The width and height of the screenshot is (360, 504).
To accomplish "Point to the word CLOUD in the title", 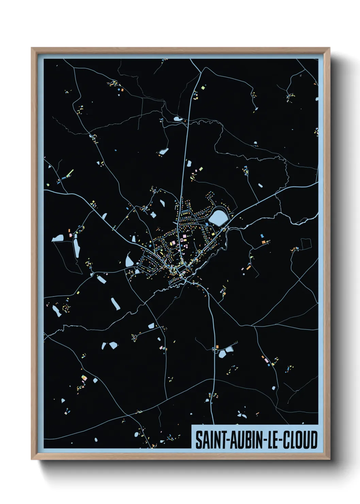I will coord(300,440).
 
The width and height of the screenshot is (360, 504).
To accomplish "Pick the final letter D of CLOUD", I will coord(314,440).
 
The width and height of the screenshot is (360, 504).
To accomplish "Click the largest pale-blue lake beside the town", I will coord(218,217).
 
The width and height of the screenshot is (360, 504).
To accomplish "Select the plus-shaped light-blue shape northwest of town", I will coord(153,215).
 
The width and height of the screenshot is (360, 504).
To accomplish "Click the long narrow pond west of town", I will coord(77,248).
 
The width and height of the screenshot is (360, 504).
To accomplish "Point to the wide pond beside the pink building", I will coord(58,238).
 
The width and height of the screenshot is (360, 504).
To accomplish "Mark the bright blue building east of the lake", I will coord(262,236).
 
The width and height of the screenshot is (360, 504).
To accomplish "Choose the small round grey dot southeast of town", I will coord(273,388).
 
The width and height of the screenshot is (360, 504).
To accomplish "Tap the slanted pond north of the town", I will coord(164,151).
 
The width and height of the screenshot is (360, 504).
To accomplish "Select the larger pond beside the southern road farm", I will coord(222,354).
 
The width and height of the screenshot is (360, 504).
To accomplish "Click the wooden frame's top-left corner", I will coord(32,48).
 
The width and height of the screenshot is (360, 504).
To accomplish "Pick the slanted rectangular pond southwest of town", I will coord(115,304).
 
